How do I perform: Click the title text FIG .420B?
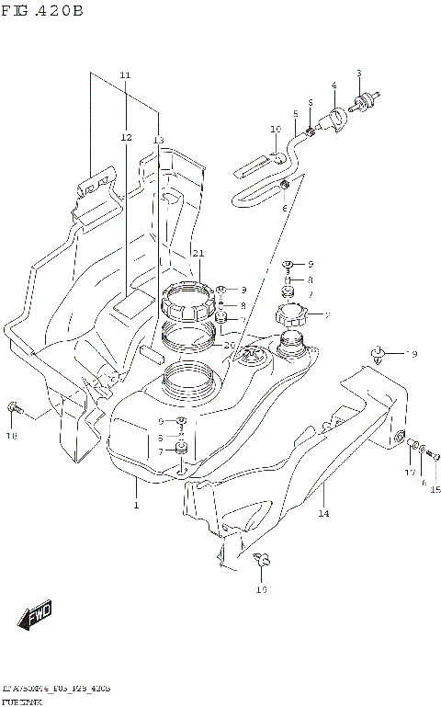click(43, 11)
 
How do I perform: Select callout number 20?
click(230, 345)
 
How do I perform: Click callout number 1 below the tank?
click(135, 506)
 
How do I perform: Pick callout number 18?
click(11, 439)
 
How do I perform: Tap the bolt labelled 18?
click(13, 405)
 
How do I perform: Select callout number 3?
click(359, 73)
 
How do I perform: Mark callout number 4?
click(334, 86)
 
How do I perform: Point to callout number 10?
click(275, 129)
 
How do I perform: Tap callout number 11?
click(125, 74)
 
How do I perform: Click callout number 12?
click(125, 137)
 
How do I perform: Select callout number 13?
click(158, 140)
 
